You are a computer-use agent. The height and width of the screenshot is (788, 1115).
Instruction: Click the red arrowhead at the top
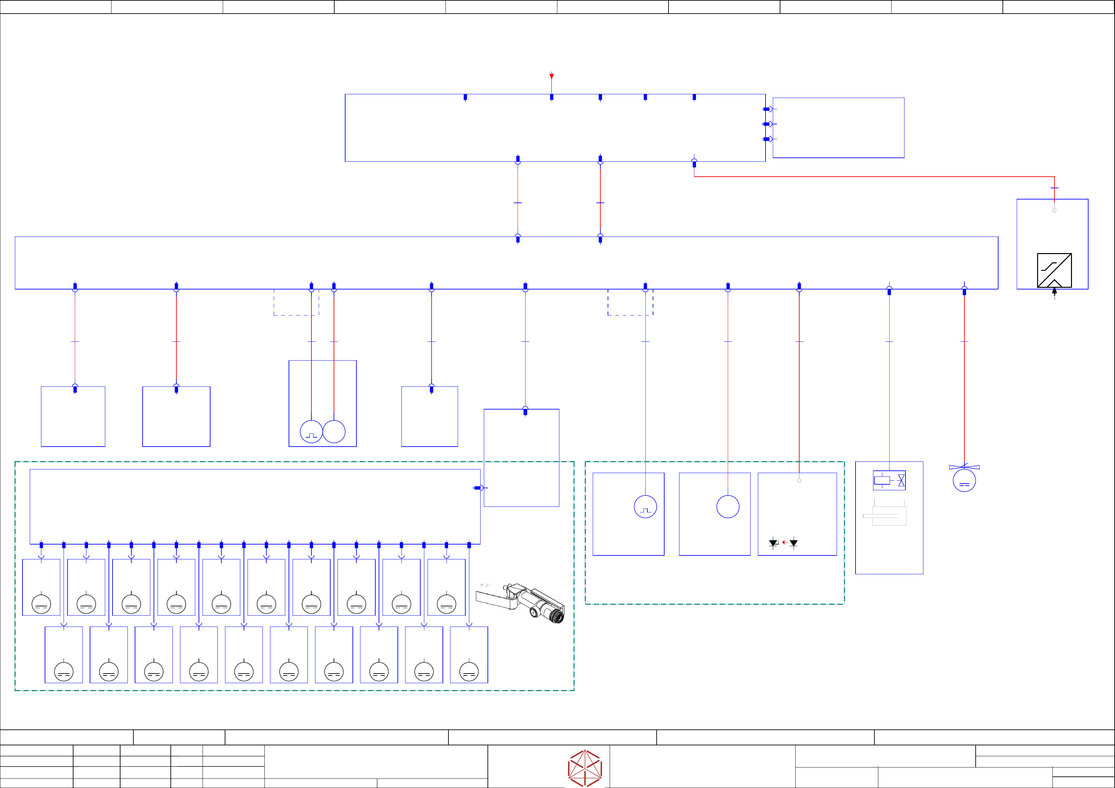point(551,76)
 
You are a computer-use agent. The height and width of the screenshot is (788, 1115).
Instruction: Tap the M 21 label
point(485,585)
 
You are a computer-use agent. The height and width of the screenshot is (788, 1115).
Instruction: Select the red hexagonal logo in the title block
point(585,768)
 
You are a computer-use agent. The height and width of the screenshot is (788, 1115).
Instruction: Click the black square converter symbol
point(1054,270)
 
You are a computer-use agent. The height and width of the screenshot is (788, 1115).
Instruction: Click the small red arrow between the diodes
point(784,542)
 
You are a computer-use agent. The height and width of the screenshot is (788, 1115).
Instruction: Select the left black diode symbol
point(773,543)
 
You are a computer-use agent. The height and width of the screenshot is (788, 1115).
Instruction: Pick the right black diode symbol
point(794,543)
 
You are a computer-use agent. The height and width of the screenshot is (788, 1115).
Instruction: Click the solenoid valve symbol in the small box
point(889,480)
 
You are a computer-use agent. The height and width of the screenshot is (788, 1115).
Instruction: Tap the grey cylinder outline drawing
point(885,516)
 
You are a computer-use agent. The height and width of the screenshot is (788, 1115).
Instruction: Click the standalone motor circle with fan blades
point(964,480)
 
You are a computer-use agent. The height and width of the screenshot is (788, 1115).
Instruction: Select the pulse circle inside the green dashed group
point(645,507)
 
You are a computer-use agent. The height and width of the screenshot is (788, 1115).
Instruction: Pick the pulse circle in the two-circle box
point(311,432)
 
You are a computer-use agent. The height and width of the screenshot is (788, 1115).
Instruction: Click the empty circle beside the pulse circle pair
point(334,432)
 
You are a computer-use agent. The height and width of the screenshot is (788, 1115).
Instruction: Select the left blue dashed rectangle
point(296,302)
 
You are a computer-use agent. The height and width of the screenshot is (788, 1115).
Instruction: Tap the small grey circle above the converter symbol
point(1054,210)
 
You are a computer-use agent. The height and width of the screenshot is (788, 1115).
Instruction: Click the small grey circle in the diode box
point(799,480)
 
